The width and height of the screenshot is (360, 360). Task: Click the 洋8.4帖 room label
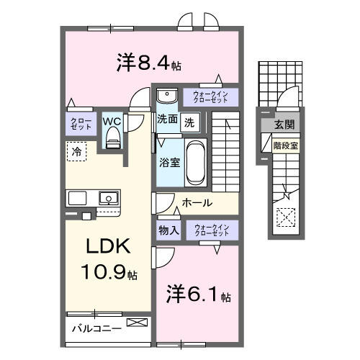(x=148, y=63)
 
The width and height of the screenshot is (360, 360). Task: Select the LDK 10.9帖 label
(x=109, y=259)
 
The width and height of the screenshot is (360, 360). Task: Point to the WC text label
(x=112, y=122)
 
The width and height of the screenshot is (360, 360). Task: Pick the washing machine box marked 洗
(x=189, y=122)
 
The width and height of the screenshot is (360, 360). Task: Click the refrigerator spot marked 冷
(x=74, y=151)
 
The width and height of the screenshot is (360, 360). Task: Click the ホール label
(x=196, y=203)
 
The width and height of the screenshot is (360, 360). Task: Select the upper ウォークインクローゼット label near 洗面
(x=211, y=96)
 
